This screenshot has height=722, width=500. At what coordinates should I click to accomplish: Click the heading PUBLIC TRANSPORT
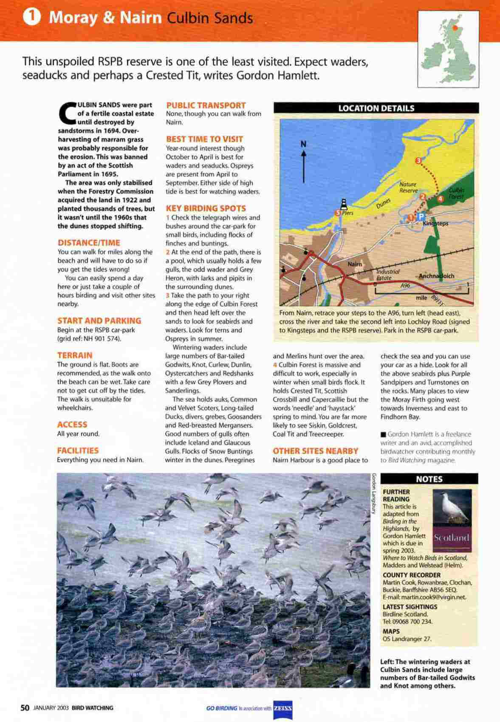click(206, 105)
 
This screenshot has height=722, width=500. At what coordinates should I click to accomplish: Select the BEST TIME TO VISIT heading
click(204, 139)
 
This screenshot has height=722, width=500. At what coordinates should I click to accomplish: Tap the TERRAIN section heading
click(75, 355)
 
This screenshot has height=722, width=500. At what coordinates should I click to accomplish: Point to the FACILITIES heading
click(78, 450)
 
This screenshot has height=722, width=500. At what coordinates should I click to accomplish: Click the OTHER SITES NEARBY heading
click(315, 451)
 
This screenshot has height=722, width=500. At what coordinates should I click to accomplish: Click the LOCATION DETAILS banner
click(376, 108)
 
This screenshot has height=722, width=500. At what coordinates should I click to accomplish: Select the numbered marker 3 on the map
click(418, 160)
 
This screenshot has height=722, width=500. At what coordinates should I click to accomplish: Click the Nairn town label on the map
click(355, 264)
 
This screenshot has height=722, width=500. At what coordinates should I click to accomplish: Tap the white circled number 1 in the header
click(32, 18)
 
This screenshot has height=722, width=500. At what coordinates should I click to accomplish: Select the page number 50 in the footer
click(25, 708)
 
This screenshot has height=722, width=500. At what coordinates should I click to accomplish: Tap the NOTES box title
click(429, 479)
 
